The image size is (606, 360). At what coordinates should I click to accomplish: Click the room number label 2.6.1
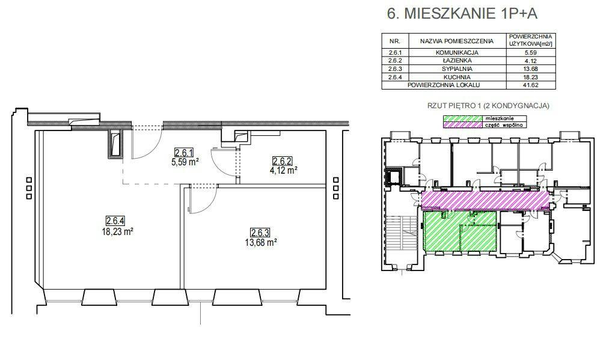(184, 153)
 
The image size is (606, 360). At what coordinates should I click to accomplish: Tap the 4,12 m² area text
(285, 170)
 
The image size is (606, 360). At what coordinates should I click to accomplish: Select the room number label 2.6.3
(260, 233)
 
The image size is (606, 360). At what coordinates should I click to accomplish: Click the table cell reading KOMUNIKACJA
(457, 52)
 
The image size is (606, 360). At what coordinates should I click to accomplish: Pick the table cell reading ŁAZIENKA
(457, 61)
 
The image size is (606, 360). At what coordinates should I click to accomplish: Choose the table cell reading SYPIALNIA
(457, 69)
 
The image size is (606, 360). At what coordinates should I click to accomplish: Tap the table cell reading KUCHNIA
(457, 77)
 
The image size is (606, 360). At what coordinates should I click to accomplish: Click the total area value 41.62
(531, 85)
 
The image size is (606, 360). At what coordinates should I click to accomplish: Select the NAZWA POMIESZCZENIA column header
(457, 41)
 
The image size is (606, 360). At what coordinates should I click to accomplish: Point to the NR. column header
(394, 41)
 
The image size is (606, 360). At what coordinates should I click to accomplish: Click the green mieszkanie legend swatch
(462, 118)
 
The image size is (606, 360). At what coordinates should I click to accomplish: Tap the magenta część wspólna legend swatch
(462, 125)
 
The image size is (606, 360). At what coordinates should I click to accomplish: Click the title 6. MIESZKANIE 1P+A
(462, 13)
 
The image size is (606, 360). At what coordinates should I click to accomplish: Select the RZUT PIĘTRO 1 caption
(488, 105)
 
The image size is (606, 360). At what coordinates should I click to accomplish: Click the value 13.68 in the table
(531, 69)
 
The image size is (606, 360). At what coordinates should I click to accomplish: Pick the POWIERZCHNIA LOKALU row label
(444, 85)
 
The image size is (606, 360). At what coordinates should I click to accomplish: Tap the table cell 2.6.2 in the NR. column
(394, 61)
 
